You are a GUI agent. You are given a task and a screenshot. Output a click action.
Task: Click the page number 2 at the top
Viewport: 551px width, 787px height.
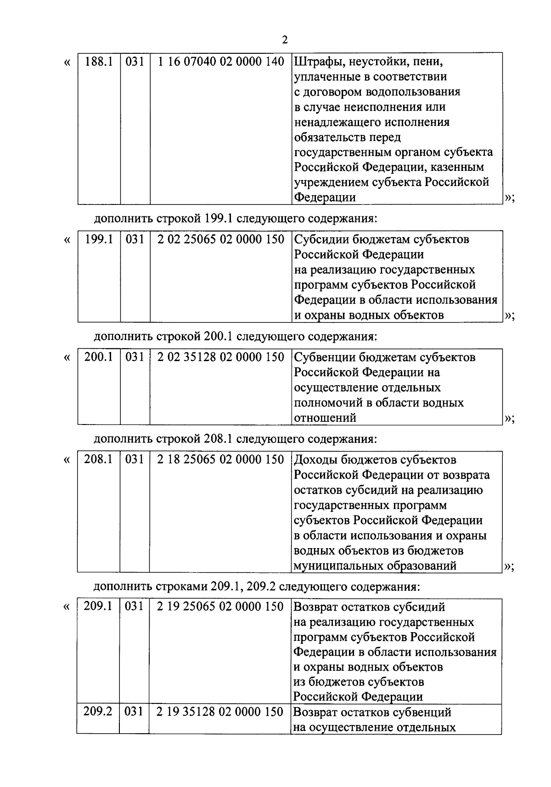285,40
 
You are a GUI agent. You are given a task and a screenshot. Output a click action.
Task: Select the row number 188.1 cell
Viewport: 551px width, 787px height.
99,62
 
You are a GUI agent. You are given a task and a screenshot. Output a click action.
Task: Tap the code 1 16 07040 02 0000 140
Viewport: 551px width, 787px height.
221,62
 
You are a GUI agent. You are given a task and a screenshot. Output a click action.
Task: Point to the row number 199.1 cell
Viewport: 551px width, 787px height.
99,239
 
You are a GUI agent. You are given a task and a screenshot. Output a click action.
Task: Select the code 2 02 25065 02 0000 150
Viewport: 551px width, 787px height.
221,239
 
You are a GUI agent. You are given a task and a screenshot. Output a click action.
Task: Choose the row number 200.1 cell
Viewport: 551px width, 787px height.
98,357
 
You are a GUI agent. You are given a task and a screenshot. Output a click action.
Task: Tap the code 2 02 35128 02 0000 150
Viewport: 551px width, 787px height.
221,357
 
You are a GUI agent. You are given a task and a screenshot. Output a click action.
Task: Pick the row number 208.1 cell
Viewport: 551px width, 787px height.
98,459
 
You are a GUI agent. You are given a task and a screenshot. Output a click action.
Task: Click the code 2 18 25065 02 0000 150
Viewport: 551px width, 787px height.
221,459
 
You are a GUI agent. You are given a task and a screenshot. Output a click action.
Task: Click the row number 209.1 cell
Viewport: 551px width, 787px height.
98,606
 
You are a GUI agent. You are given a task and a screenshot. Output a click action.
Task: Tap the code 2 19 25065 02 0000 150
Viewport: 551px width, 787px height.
220,606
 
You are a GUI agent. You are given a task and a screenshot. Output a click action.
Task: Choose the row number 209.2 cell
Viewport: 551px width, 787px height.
98,712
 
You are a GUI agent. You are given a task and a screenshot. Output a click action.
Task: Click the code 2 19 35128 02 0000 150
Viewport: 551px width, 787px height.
220,712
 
